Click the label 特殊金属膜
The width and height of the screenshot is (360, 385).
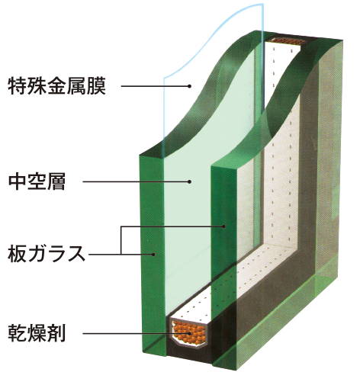coord(57,86)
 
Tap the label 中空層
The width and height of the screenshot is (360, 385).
coord(37,181)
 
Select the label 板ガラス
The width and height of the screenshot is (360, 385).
coord(47,254)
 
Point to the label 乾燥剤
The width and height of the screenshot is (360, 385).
coord(37,332)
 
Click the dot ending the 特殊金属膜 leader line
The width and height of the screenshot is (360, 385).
coord(189,86)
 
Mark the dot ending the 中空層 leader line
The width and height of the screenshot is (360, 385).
coord(189,181)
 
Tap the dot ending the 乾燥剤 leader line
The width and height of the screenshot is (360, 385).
coord(189,333)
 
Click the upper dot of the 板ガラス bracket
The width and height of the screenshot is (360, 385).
coord(223,226)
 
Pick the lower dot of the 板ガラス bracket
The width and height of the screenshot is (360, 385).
coord(153,254)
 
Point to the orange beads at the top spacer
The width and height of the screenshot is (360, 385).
coord(287,40)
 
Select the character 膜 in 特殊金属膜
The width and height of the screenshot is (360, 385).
coord(96,86)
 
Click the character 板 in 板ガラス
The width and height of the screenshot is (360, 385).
coord(17,254)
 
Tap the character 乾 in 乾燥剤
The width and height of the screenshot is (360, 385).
coord(18,332)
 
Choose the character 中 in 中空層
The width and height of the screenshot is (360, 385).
coord(18,181)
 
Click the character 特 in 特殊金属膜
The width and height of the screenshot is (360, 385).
coord(18,86)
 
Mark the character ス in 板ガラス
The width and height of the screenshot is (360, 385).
coord(76,254)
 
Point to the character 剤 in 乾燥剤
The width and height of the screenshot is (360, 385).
coord(56,332)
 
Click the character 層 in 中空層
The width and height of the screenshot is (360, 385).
coord(56,181)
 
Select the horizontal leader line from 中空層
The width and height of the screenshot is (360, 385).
coord(136,181)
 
